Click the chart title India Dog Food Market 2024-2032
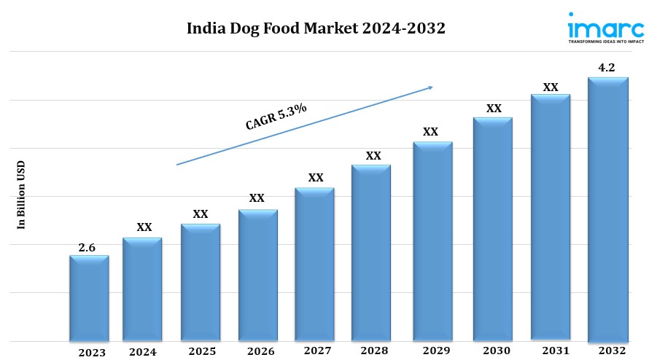click(316, 29)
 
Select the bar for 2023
click(89, 299)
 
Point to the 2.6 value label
click(87, 248)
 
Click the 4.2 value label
click(607, 68)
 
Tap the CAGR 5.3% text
click(276, 117)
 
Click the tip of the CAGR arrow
click(432, 87)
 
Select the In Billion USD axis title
click(21, 195)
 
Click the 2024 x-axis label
click(142, 352)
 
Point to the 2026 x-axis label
click(260, 351)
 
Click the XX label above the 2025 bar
click(201, 214)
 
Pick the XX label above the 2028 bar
click(373, 155)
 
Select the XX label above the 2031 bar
click(551, 87)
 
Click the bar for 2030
click(493, 230)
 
